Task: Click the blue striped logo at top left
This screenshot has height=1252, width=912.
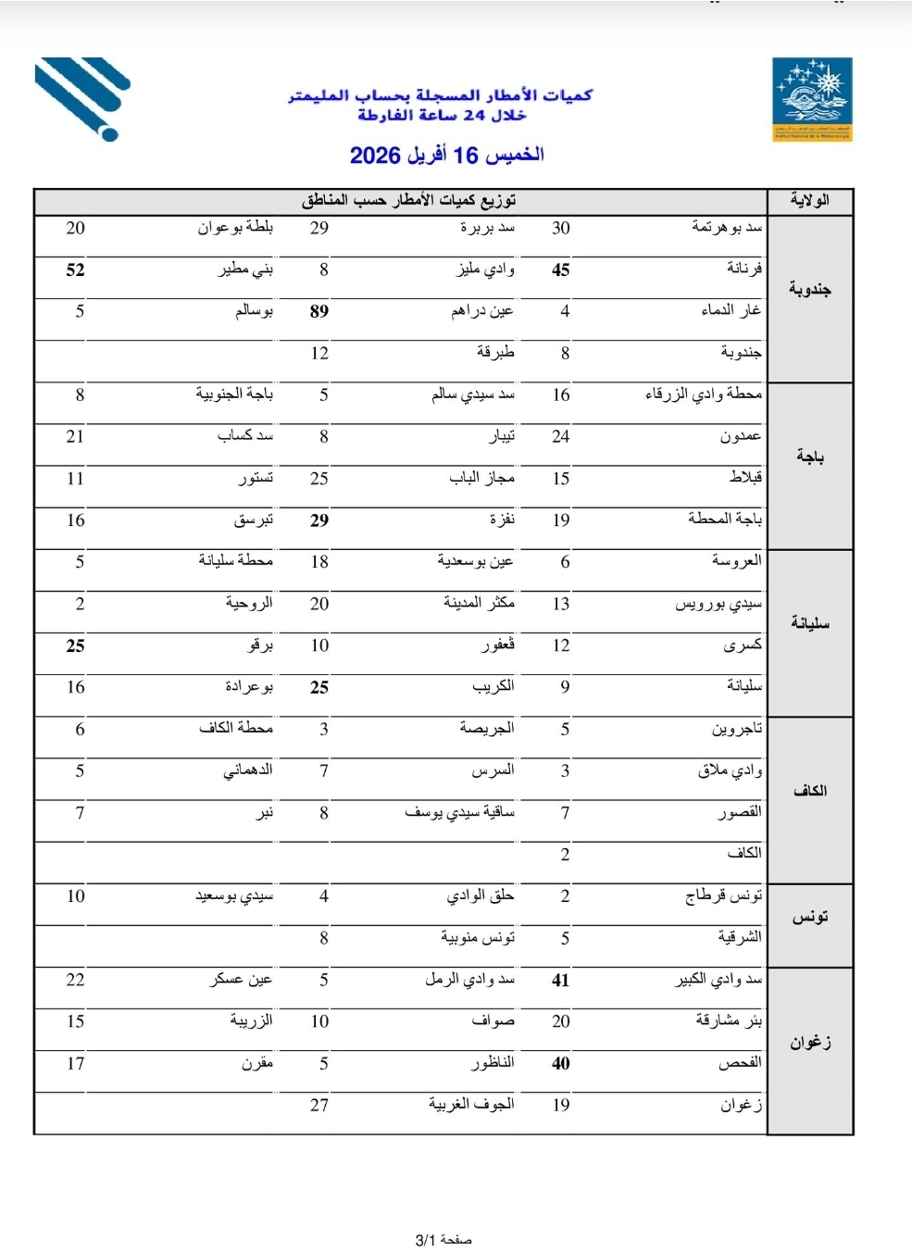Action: [82, 97]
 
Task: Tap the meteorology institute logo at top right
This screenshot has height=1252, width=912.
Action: [812, 99]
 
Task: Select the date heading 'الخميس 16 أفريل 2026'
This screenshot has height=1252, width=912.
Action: [446, 155]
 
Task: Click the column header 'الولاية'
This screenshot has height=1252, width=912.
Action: [809, 200]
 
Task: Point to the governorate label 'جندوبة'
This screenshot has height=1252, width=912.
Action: [809, 289]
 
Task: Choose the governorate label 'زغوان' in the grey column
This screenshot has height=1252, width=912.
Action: [810, 1043]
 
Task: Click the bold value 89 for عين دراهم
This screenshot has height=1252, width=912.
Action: [319, 311]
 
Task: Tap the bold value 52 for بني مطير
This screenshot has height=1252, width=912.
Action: [76, 269]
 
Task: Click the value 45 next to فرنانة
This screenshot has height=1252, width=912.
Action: [560, 269]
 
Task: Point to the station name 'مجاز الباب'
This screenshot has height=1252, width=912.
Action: [481, 478]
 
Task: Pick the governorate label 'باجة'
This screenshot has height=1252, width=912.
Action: [809, 457]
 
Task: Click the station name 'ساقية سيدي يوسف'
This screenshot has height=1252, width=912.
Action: [459, 812]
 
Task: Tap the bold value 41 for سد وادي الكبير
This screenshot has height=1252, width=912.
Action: [560, 980]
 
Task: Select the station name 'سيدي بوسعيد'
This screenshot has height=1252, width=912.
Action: [233, 895]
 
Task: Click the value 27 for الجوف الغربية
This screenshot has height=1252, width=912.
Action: [319, 1105]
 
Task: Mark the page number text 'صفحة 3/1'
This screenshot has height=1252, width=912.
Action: [444, 1240]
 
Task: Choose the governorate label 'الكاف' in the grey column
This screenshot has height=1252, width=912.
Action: [809, 790]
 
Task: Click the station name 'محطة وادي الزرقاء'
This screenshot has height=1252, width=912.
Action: [704, 394]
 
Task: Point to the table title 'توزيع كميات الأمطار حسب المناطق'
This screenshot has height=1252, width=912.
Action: [408, 200]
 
